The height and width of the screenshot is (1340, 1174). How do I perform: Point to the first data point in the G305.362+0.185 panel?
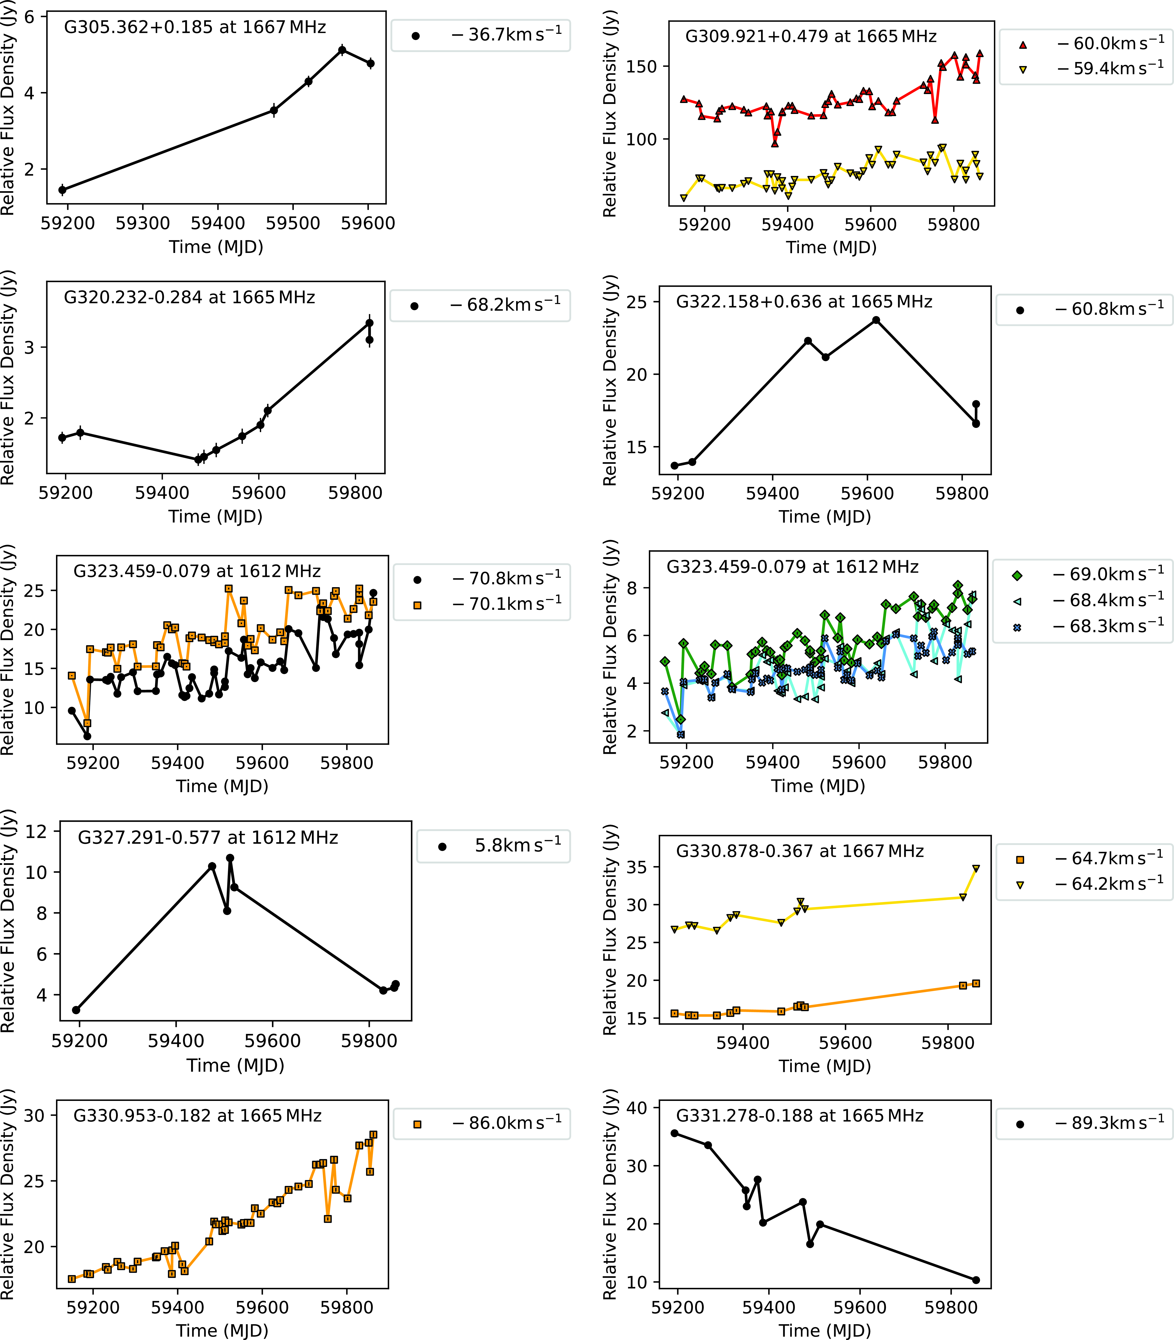coord(62,190)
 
